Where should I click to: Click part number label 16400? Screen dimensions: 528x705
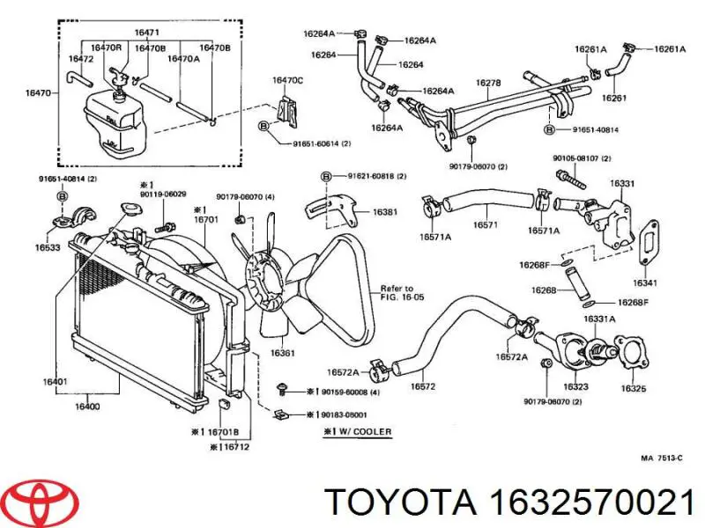[86, 407]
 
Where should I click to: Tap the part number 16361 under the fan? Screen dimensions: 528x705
[283, 353]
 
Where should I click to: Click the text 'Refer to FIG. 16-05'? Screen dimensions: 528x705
[397, 293]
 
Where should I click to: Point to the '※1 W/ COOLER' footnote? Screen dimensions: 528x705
[352, 432]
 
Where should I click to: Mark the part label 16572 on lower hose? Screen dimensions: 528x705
[424, 385]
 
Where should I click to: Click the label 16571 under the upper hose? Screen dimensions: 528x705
[484, 225]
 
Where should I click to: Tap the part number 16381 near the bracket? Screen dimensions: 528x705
[384, 212]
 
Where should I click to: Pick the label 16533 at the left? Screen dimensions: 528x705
[48, 249]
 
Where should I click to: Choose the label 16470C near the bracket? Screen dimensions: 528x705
[287, 80]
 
